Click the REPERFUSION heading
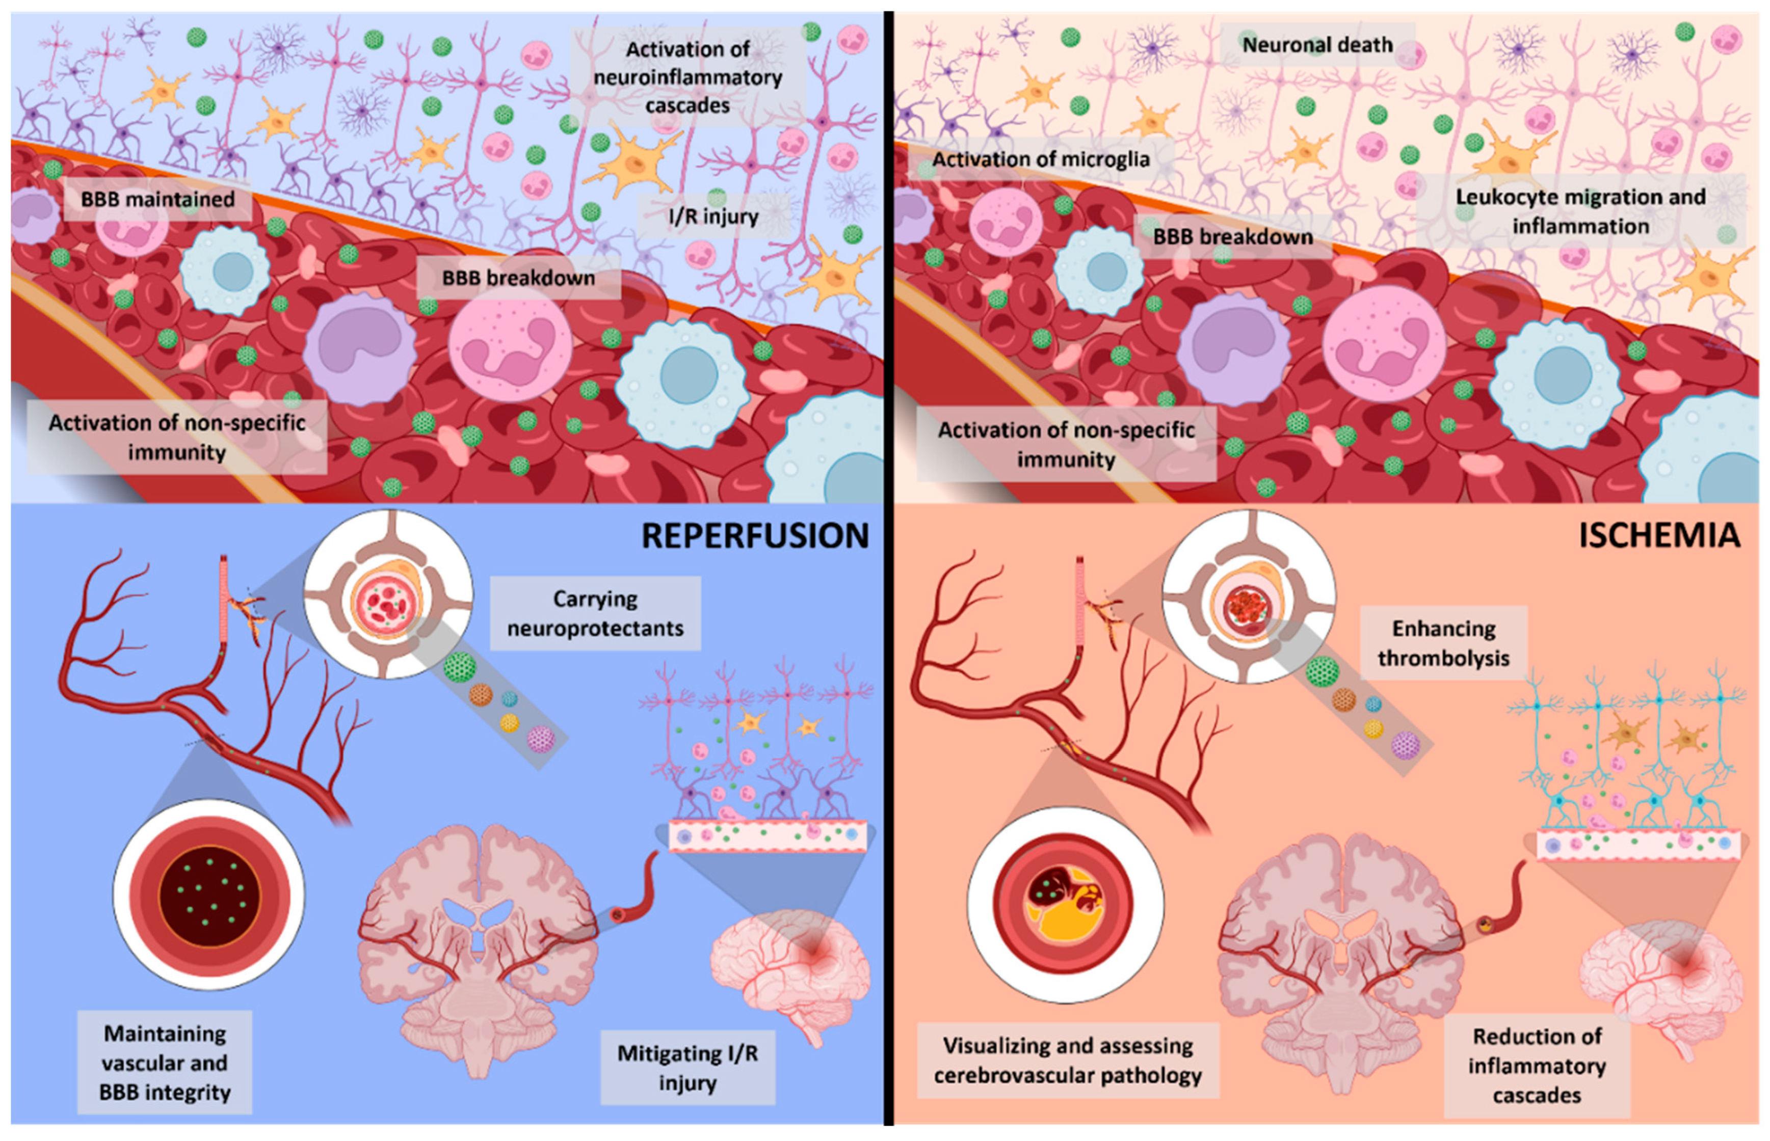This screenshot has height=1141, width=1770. [755, 536]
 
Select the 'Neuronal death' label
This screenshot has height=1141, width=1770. [1317, 45]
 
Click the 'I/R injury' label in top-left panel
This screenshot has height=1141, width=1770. [713, 216]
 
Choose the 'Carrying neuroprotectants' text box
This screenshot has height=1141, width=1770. [595, 613]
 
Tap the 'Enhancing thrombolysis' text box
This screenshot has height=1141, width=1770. [1443, 643]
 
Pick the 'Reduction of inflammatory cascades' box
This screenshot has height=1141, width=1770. [1537, 1066]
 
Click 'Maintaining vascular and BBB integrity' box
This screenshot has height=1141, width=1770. [165, 1063]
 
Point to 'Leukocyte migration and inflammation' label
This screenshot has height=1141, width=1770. [1580, 211]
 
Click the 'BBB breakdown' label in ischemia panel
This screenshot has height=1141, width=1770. [1233, 237]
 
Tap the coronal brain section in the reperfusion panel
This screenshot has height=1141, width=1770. [478, 956]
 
